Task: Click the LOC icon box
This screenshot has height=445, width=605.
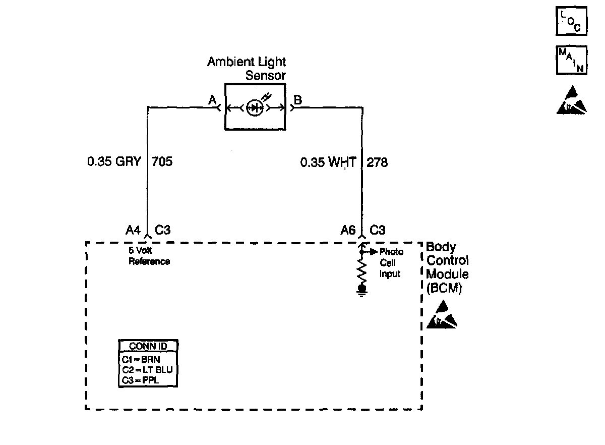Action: pyautogui.click(x=571, y=21)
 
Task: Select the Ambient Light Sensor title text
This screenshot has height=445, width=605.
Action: pyautogui.click(x=247, y=69)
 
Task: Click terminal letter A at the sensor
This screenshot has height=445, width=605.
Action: pyautogui.click(x=212, y=100)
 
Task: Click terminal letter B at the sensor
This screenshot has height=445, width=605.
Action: pyautogui.click(x=297, y=100)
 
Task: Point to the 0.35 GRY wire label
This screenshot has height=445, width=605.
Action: pyautogui.click(x=114, y=162)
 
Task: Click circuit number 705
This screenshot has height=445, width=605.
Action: pyautogui.click(x=162, y=162)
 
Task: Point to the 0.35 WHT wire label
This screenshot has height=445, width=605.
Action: pyautogui.click(x=328, y=162)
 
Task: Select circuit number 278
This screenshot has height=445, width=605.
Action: pyautogui.click(x=377, y=162)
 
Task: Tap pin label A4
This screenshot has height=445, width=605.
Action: pyautogui.click(x=133, y=231)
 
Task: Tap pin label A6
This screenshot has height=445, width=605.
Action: pyautogui.click(x=348, y=231)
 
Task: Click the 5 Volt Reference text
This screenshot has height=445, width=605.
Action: pyautogui.click(x=149, y=257)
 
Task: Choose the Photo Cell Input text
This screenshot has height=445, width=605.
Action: pyautogui.click(x=391, y=262)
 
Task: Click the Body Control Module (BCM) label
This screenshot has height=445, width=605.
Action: pyautogui.click(x=447, y=267)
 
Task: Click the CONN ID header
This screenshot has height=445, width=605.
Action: pyautogui.click(x=148, y=346)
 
